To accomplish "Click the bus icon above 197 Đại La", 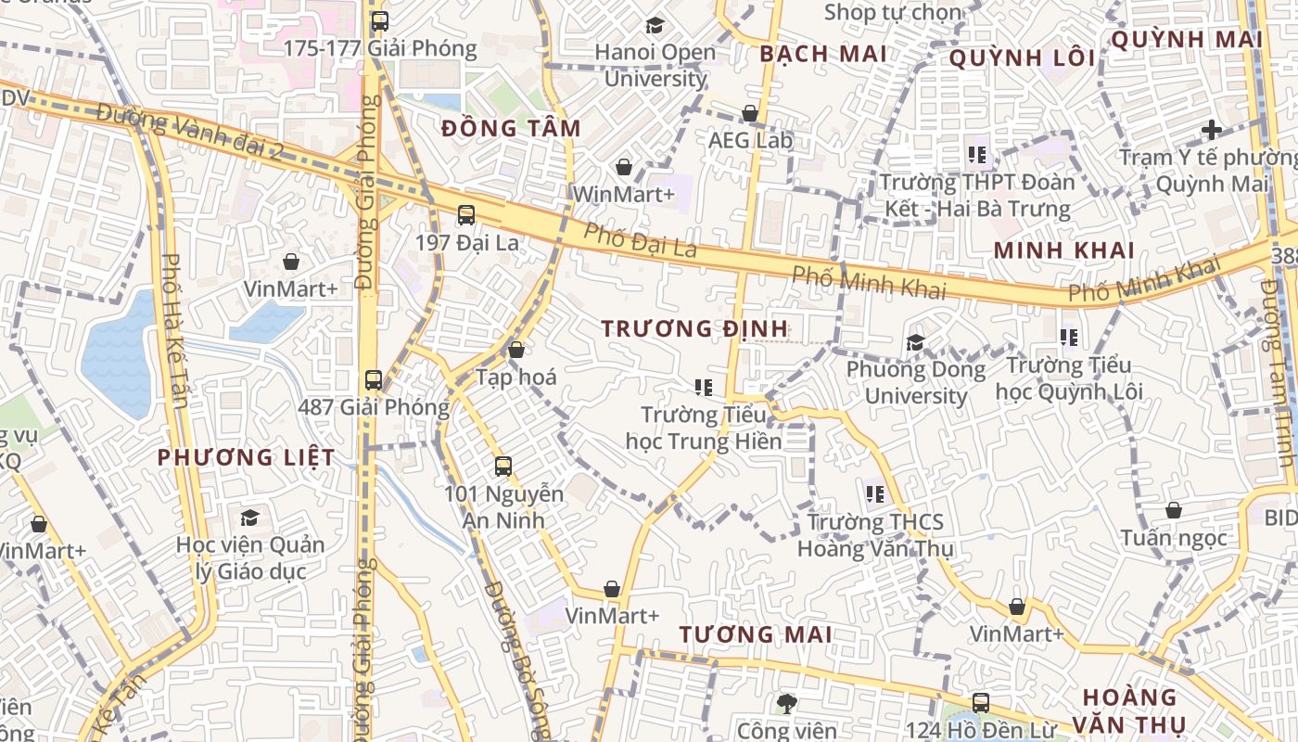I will (466, 215).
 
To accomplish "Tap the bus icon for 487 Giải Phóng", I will (374, 379).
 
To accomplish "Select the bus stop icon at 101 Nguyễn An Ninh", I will (503, 467).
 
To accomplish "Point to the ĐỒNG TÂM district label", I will (511, 129).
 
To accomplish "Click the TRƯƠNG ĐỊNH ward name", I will (694, 328).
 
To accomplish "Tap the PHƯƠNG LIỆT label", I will (246, 457).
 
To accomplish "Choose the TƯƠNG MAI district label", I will (756, 634).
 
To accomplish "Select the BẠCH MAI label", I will (823, 54).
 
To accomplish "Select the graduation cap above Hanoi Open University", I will (655, 25).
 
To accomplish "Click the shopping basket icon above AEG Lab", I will (750, 113).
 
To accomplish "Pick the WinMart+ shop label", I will (624, 194).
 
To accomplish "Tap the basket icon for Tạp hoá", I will (516, 350).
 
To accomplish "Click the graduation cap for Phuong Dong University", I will (916, 342).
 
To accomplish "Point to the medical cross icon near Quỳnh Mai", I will (1211, 130).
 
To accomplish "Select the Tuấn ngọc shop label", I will (1173, 538).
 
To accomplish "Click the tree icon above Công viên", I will (787, 703).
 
